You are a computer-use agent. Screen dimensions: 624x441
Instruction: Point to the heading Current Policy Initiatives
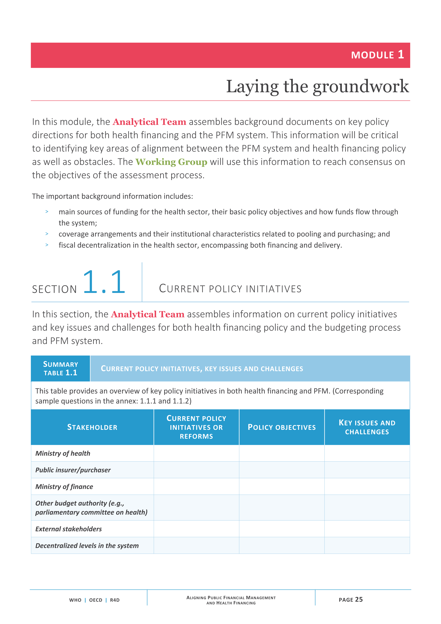coord(230,289)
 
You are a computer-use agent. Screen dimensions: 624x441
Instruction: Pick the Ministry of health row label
coord(63,453)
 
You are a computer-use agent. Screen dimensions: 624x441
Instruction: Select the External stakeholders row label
coord(68,529)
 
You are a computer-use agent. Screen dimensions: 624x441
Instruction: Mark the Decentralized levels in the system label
coord(87,545)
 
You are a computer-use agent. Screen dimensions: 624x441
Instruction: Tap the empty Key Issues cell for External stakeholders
coord(367,529)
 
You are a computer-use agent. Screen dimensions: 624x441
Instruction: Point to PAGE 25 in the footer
coord(350,599)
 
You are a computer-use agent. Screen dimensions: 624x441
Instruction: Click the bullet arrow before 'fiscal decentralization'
coord(47,245)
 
